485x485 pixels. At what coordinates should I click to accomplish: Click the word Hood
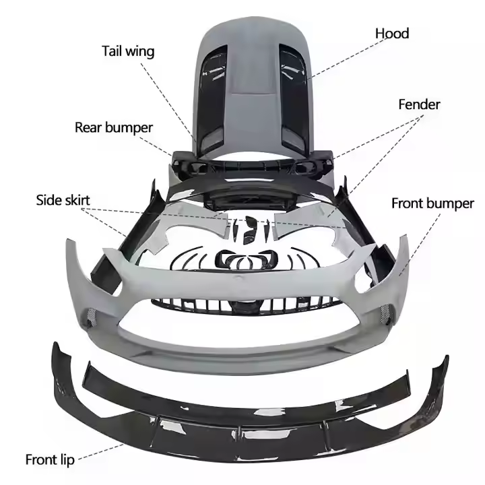click(x=392, y=33)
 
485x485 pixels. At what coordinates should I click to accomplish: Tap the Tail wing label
click(x=128, y=51)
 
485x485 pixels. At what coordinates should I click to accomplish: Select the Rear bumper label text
click(x=114, y=127)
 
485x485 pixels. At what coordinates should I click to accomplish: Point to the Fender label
click(x=419, y=104)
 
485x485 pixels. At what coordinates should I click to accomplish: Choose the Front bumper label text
click(x=432, y=203)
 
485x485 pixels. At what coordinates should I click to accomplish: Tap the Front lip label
click(x=50, y=460)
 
